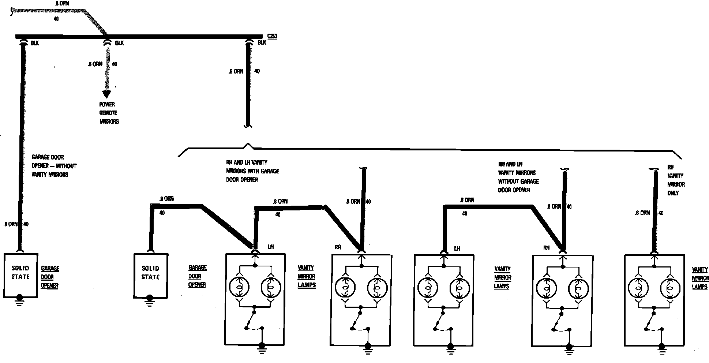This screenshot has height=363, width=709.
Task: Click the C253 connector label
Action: [272, 36]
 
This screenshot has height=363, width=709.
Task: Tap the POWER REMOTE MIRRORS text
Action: [109, 113]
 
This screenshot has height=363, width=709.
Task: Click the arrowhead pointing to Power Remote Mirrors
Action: [106, 94]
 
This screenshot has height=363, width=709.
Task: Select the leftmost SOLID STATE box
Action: [20, 275]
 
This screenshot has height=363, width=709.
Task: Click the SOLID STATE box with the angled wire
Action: [150, 275]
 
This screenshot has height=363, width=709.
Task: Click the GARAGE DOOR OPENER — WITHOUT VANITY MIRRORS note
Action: [54, 166]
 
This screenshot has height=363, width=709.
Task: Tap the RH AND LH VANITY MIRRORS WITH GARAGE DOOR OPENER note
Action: [252, 171]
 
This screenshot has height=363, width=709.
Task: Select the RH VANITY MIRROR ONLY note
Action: [676, 180]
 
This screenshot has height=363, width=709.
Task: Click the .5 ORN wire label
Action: [95, 64]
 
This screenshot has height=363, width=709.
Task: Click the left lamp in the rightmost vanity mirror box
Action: [638, 288]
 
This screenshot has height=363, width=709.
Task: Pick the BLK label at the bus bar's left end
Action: [35, 43]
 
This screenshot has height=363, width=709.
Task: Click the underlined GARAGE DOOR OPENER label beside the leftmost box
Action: [50, 277]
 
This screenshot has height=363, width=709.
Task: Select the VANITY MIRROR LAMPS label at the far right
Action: [700, 278]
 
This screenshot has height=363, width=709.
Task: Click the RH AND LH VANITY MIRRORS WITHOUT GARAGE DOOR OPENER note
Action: [518, 177]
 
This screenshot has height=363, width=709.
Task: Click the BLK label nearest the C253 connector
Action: [262, 43]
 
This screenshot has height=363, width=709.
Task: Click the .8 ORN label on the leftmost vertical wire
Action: [10, 224]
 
